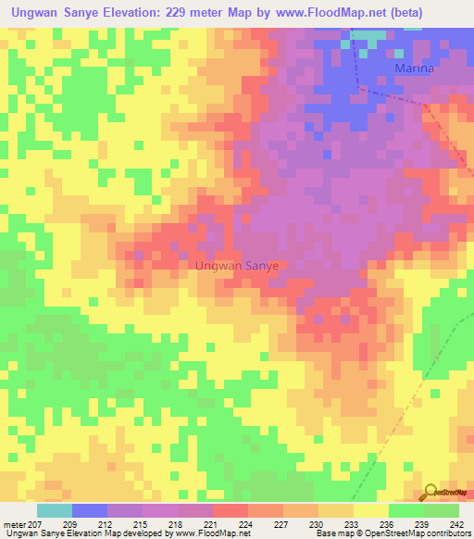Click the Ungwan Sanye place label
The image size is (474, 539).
click(238, 265)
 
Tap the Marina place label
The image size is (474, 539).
click(414, 69)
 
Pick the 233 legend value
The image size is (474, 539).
click(353, 525)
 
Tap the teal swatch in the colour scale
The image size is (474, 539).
click(55, 510)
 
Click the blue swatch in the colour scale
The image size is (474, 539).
click(90, 510)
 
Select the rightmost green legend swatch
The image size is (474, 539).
click(441, 510)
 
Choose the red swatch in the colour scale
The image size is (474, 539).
click(230, 510)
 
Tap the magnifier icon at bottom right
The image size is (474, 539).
click(430, 492)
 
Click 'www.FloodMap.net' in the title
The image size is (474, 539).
click(311, 13)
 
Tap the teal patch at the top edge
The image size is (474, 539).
click(368, 37)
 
